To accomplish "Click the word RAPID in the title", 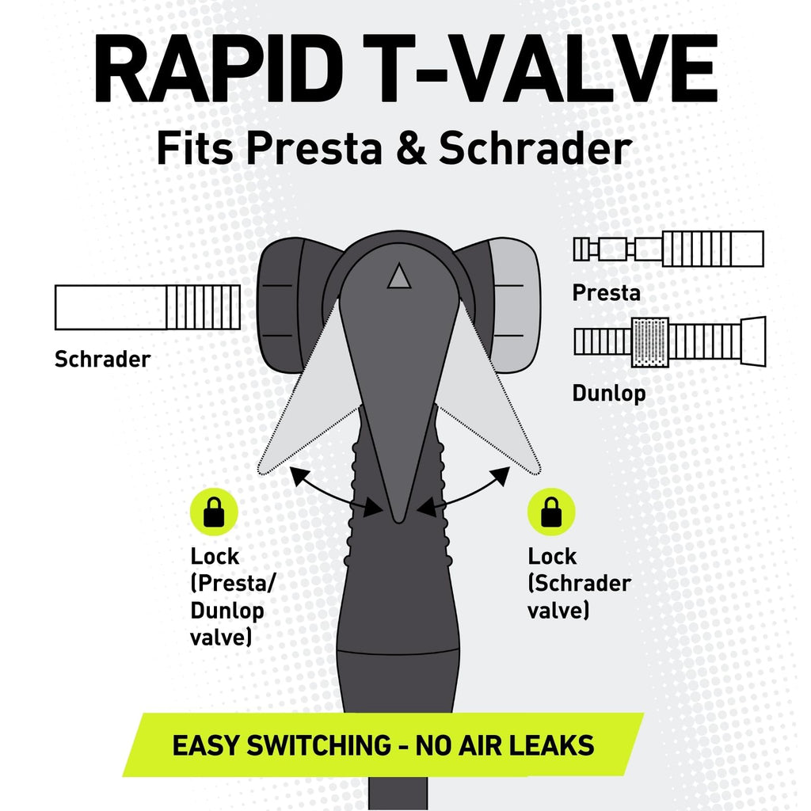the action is (218, 68).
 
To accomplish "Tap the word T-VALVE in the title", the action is (540, 68).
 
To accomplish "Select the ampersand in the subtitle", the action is (410, 147).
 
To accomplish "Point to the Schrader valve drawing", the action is (147, 307).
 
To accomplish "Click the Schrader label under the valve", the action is (102, 359).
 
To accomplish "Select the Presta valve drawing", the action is (668, 249).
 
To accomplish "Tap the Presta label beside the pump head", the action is (606, 293).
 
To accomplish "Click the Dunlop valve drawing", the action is (670, 342).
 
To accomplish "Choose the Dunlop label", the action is (609, 393).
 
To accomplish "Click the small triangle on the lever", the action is (399, 276).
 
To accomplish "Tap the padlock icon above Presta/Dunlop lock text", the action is (214, 512).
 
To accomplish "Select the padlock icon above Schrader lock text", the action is (551, 512).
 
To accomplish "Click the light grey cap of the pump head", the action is (515, 305).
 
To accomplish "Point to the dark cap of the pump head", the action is (280, 305).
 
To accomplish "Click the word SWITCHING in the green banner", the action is (318, 745).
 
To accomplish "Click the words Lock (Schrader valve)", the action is (579, 584).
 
